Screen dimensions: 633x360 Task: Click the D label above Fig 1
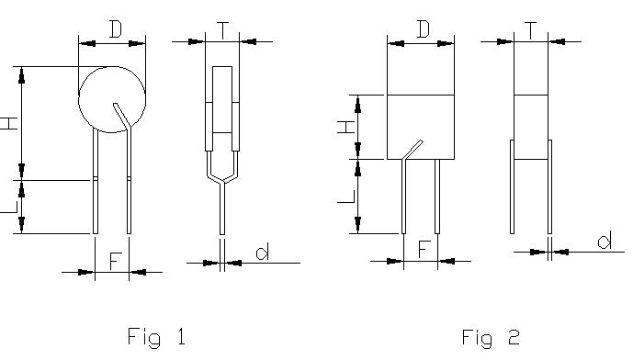pos(116,29)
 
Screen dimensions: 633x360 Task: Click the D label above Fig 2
pos(424,29)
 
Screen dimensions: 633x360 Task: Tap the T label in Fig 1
pos(222,31)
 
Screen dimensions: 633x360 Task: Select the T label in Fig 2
pos(530,31)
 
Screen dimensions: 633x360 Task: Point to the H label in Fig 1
pos(9,123)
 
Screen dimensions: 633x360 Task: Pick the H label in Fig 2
pos(346,127)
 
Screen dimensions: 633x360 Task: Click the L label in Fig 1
pos(10,207)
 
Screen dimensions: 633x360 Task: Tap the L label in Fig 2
pos(346,197)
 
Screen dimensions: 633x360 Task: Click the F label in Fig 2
pos(424,250)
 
